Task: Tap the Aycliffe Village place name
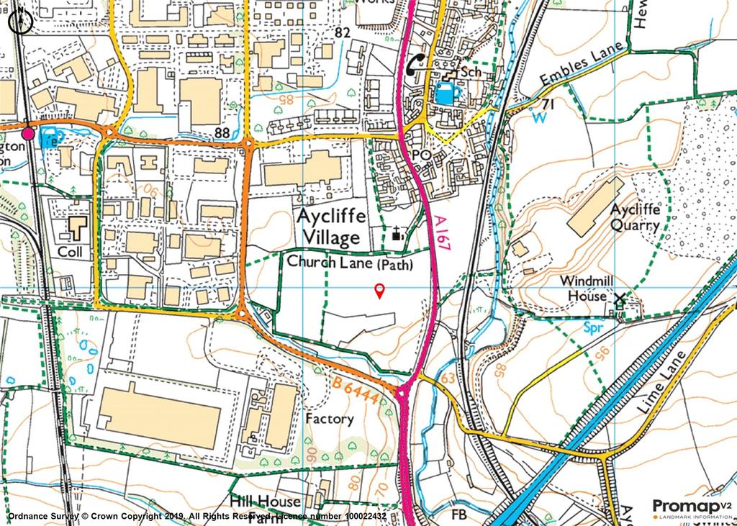[x=335, y=227]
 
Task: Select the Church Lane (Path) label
[x=350, y=263]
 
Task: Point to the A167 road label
[x=444, y=233]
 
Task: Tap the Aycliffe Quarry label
[x=634, y=216]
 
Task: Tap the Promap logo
[x=684, y=507]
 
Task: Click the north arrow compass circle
[x=21, y=22]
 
